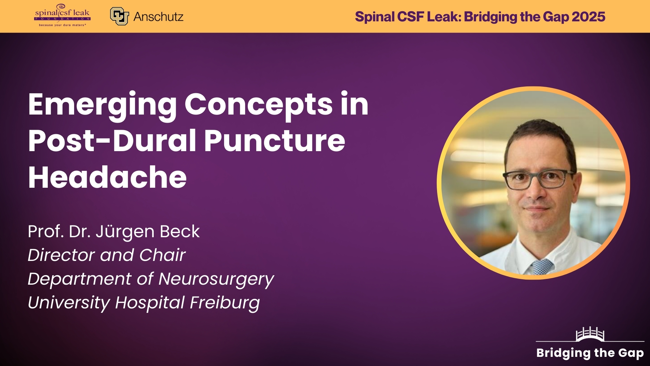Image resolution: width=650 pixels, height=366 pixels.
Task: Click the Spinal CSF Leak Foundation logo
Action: pos(62,16)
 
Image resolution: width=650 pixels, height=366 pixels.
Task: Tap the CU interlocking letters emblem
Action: pos(120,16)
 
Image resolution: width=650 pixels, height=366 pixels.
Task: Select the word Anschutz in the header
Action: pos(158,17)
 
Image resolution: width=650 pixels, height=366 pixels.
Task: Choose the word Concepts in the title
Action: pos(259,105)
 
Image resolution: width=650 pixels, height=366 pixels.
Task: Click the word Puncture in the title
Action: pos(274,141)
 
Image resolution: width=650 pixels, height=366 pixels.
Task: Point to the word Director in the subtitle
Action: pos(61,255)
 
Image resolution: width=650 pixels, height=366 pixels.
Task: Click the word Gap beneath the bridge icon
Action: pos(631,353)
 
